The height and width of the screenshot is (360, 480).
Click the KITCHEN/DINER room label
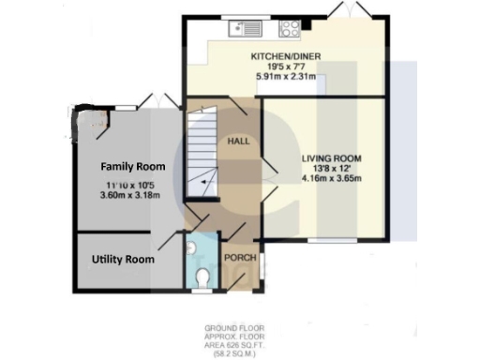click(286, 57)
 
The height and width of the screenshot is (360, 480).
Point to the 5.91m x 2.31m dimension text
click(286, 77)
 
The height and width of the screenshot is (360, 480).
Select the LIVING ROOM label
click(331, 157)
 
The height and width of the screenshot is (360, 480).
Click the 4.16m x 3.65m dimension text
click(331, 178)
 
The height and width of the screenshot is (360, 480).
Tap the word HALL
click(237, 141)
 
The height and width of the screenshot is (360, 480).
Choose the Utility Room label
click(123, 260)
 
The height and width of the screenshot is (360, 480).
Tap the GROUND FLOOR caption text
click(234, 329)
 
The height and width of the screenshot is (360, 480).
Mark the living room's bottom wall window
click(323, 240)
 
